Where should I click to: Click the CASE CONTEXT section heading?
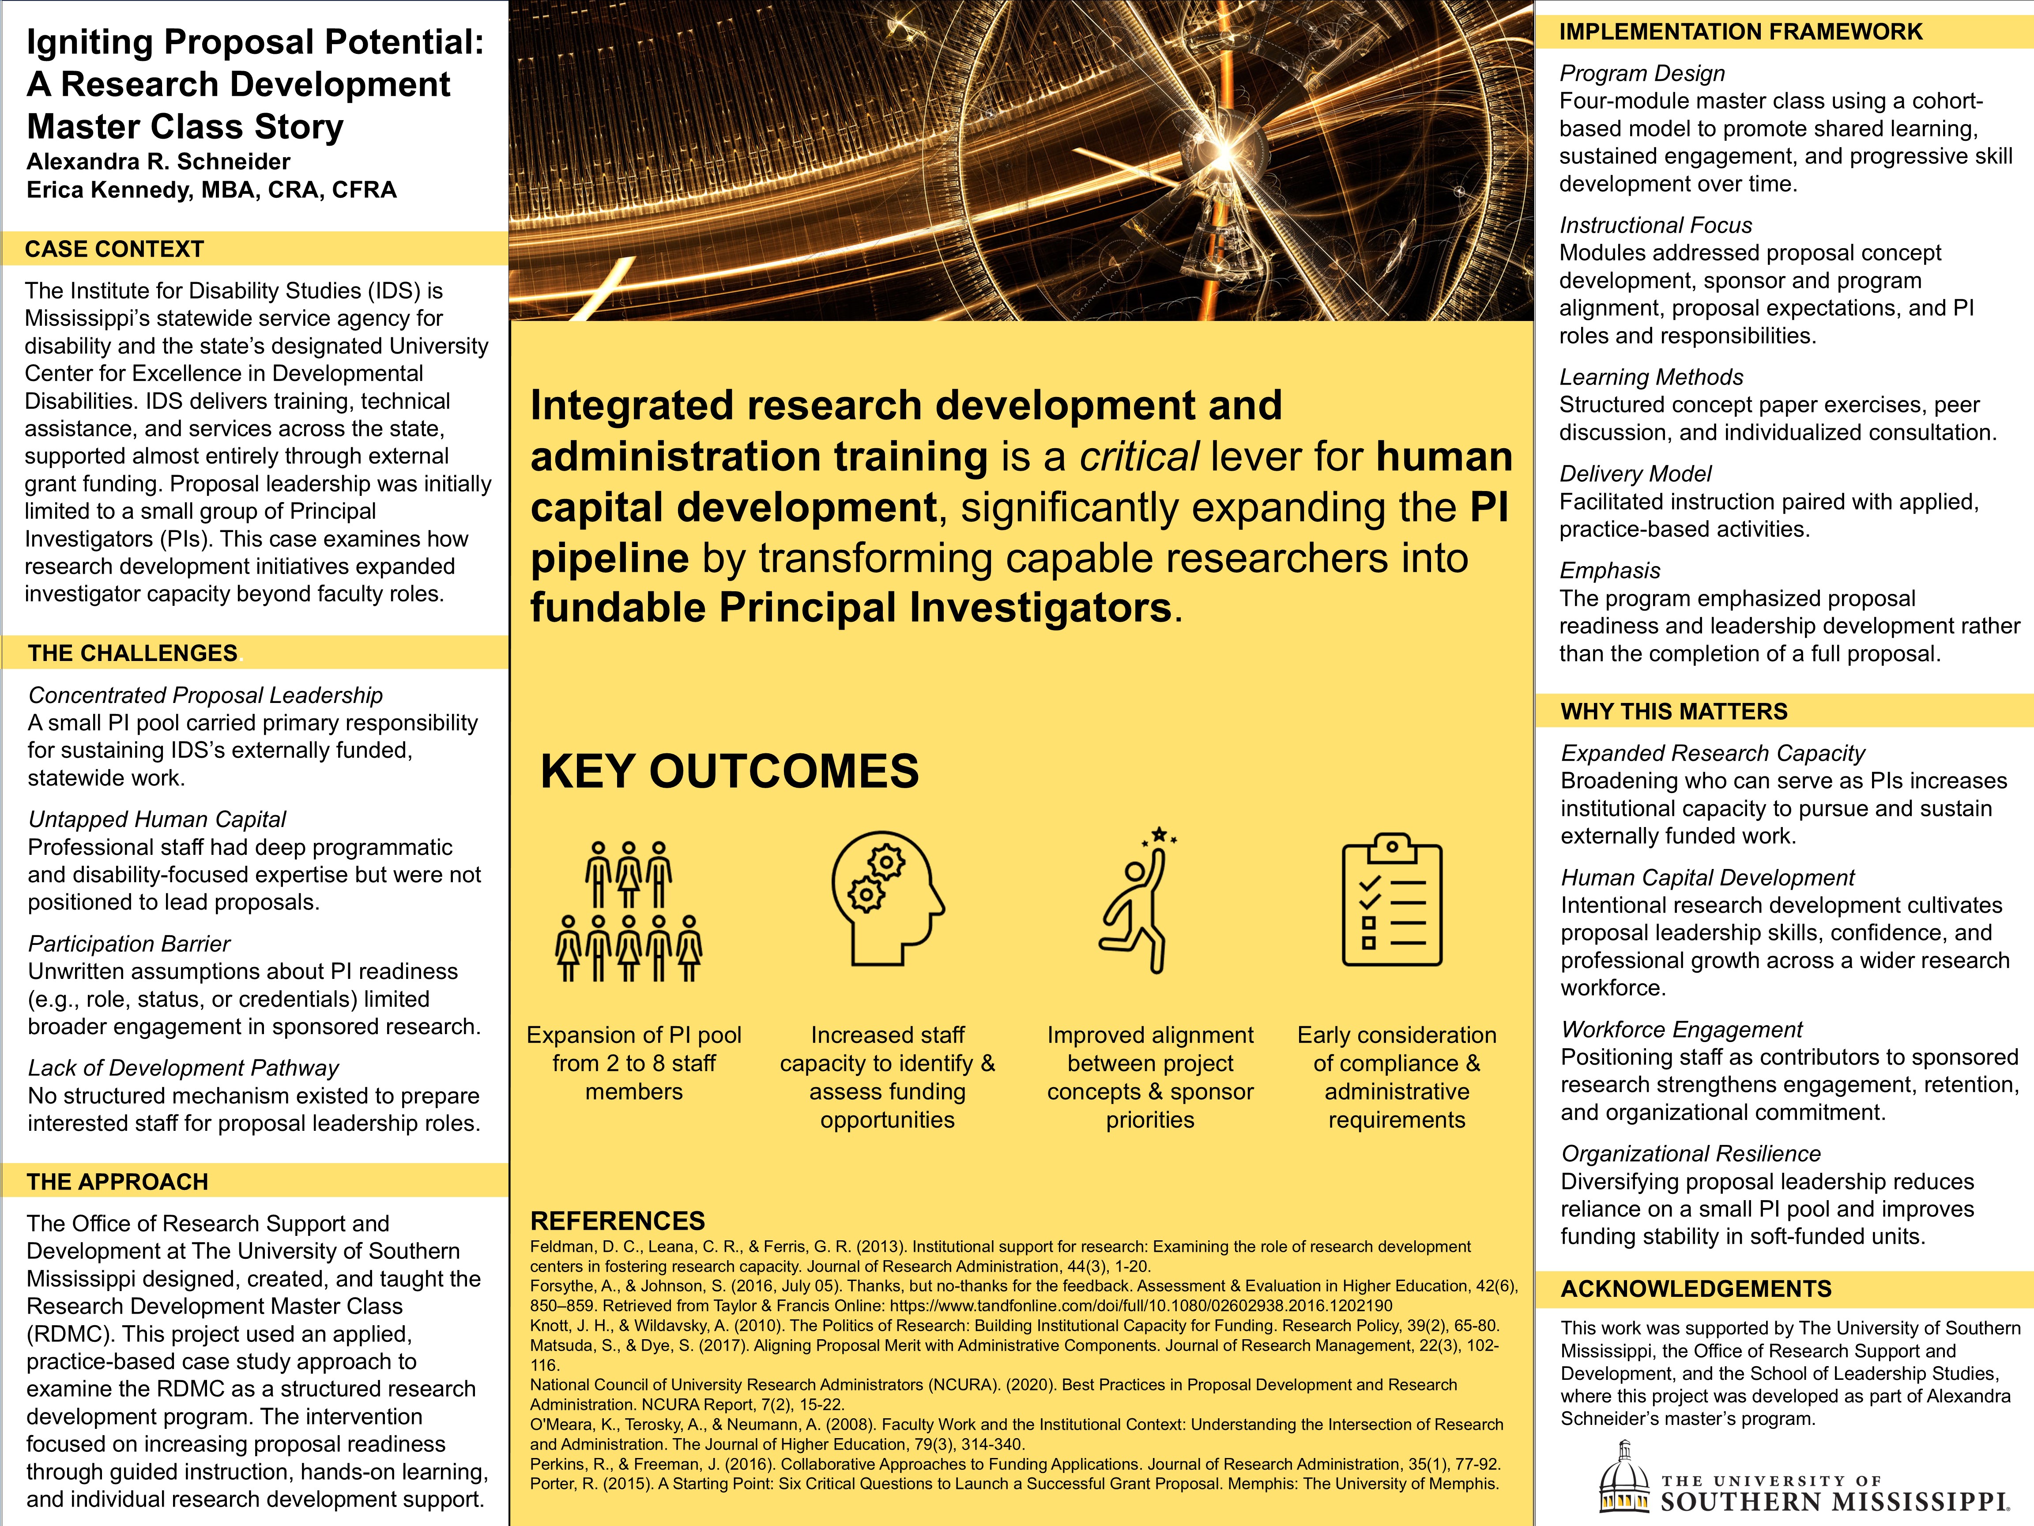(114, 249)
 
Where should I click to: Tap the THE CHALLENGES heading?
(132, 653)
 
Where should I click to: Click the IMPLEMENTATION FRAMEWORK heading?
(1740, 32)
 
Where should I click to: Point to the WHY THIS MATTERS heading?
(1673, 711)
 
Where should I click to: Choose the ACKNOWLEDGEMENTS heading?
(1695, 1289)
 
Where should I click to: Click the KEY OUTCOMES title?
(729, 771)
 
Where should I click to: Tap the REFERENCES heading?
(617, 1220)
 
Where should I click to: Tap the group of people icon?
(629, 910)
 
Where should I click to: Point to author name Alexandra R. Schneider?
(158, 162)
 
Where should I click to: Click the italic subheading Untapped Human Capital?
(157, 819)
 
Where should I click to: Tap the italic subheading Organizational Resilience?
(1690, 1153)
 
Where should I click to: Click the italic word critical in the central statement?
(1138, 456)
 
